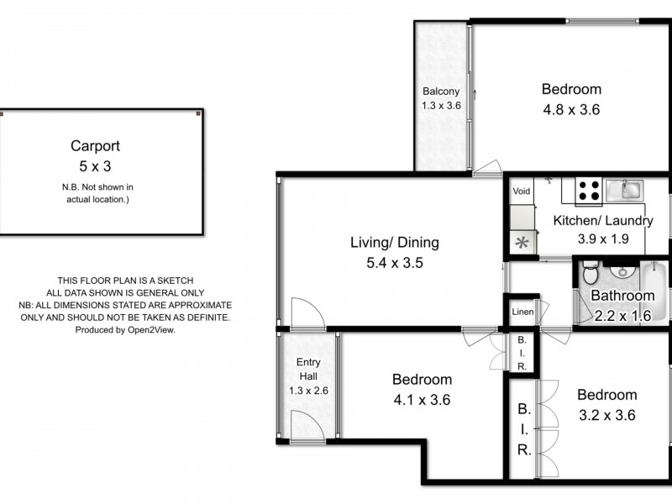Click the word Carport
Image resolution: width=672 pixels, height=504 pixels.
pyautogui.click(x=101, y=145)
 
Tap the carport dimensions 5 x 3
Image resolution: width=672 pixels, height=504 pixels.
pyautogui.click(x=101, y=165)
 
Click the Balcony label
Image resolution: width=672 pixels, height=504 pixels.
pyautogui.click(x=441, y=92)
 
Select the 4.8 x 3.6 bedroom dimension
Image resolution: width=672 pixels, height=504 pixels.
pyautogui.click(x=571, y=109)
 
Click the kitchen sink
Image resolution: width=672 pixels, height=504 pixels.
pyautogui.click(x=623, y=189)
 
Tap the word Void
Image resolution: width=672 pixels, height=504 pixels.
pyautogui.click(x=522, y=192)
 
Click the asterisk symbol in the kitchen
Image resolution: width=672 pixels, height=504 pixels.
pyautogui.click(x=522, y=243)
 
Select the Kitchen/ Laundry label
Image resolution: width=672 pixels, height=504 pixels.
pyautogui.click(x=602, y=221)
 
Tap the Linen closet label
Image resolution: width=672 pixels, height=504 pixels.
pyautogui.click(x=522, y=312)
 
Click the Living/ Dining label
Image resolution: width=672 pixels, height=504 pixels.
pyautogui.click(x=395, y=243)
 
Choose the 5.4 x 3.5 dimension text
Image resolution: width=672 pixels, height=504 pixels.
pyautogui.click(x=395, y=262)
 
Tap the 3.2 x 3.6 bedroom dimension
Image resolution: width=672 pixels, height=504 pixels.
pyautogui.click(x=606, y=415)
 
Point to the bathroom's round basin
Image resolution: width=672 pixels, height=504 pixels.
pyautogui.click(x=622, y=270)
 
